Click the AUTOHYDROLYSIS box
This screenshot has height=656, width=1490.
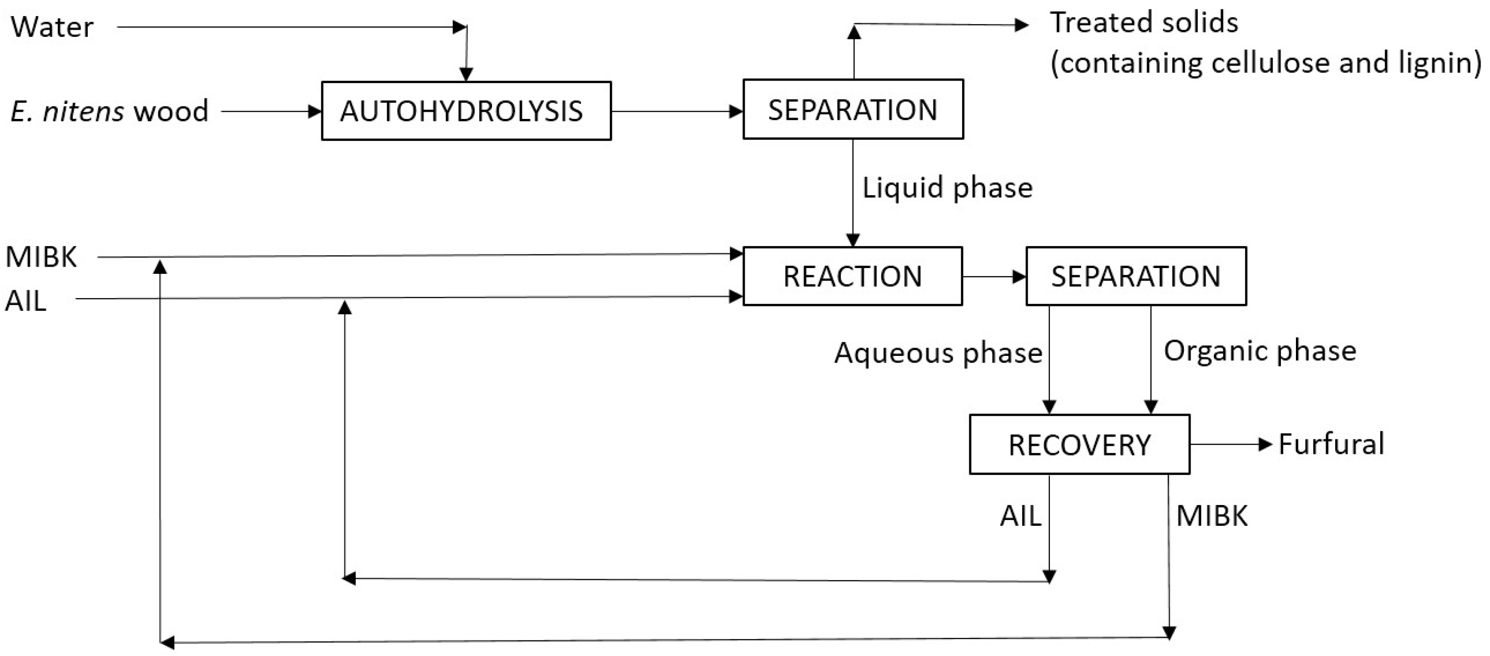click(x=466, y=111)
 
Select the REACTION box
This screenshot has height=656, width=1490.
click(x=852, y=276)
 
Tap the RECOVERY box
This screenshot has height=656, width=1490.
click(x=1080, y=445)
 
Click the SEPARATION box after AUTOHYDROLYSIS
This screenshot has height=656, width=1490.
click(x=852, y=109)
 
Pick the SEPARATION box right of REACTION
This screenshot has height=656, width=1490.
click(x=1135, y=276)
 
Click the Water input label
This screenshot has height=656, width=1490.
click(x=52, y=27)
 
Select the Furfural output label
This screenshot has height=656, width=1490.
click(x=1331, y=444)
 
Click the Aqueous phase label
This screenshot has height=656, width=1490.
click(x=937, y=353)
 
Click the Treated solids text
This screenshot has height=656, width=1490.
click(x=1144, y=23)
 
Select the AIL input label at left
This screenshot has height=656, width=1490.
click(x=25, y=301)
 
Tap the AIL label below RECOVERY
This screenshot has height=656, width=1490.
click(x=1020, y=515)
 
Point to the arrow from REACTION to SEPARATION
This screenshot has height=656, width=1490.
click(x=994, y=277)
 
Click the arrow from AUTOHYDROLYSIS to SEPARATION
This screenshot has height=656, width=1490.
click(x=677, y=111)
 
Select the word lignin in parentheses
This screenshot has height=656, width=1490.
click(x=1436, y=63)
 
